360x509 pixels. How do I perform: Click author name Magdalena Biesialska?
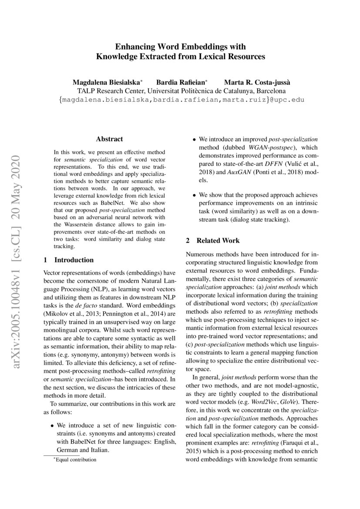(106, 82)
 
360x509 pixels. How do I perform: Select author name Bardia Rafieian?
(182, 82)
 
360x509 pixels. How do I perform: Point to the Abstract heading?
(109, 139)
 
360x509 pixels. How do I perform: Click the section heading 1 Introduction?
(69, 260)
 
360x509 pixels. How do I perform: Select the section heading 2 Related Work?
(212, 240)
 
